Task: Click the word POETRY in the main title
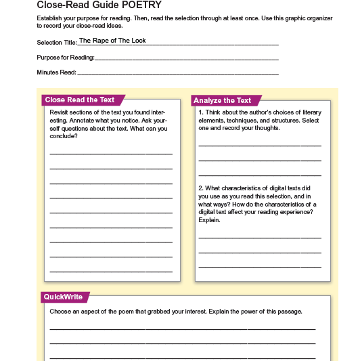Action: pos(141,5)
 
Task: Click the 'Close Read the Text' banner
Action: pos(80,100)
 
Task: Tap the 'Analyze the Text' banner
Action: pos(222,100)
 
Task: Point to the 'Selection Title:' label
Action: pos(57,42)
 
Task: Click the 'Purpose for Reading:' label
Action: pos(66,57)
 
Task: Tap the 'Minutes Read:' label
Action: pos(57,72)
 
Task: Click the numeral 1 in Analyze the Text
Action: pos(200,112)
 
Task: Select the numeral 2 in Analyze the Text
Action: pos(200,188)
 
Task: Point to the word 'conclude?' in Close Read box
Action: pos(64,136)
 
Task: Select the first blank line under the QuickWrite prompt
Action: pos(183,329)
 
